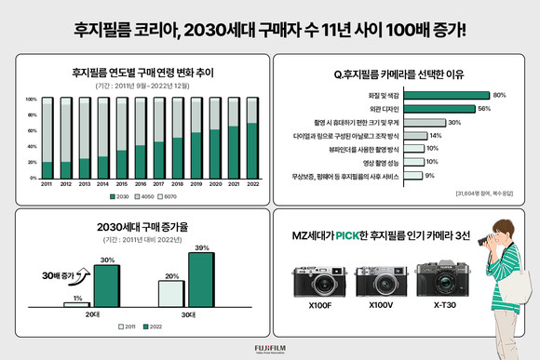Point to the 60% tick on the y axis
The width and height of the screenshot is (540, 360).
click(x=32, y=130)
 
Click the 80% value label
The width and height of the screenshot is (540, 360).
click(x=499, y=95)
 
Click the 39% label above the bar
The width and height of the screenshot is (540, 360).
click(x=202, y=247)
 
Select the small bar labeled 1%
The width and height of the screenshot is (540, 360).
click(x=76, y=303)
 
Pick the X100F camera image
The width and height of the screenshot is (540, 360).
click(x=316, y=278)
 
